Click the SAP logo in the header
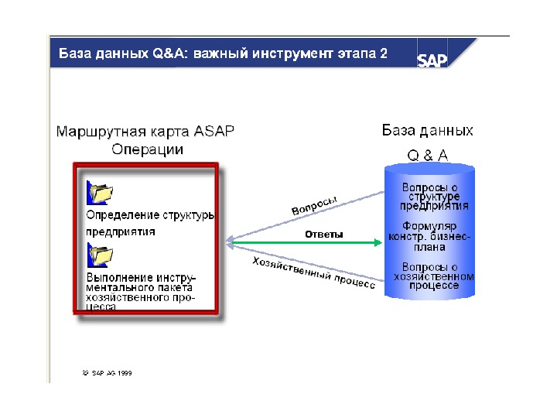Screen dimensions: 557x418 433,59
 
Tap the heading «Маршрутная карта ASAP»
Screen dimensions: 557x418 145,131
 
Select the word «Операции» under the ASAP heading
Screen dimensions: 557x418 147,149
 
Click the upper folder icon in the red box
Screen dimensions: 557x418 101,190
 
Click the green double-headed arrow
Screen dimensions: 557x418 305,243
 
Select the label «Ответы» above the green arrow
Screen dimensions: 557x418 323,234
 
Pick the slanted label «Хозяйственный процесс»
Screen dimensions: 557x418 313,273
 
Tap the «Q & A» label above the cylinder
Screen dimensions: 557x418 428,155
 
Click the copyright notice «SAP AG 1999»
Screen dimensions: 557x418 108,372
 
